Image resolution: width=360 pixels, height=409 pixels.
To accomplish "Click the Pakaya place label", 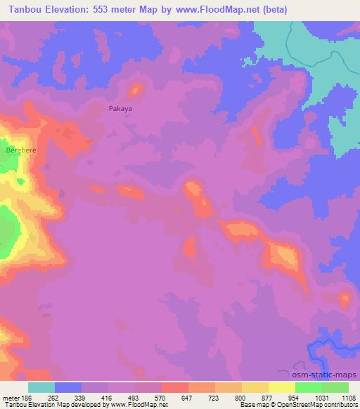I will point(120,109).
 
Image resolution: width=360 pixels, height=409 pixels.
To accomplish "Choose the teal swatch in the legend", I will point(41,387).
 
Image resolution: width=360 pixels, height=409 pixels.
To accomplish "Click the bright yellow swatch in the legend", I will point(281,387).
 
